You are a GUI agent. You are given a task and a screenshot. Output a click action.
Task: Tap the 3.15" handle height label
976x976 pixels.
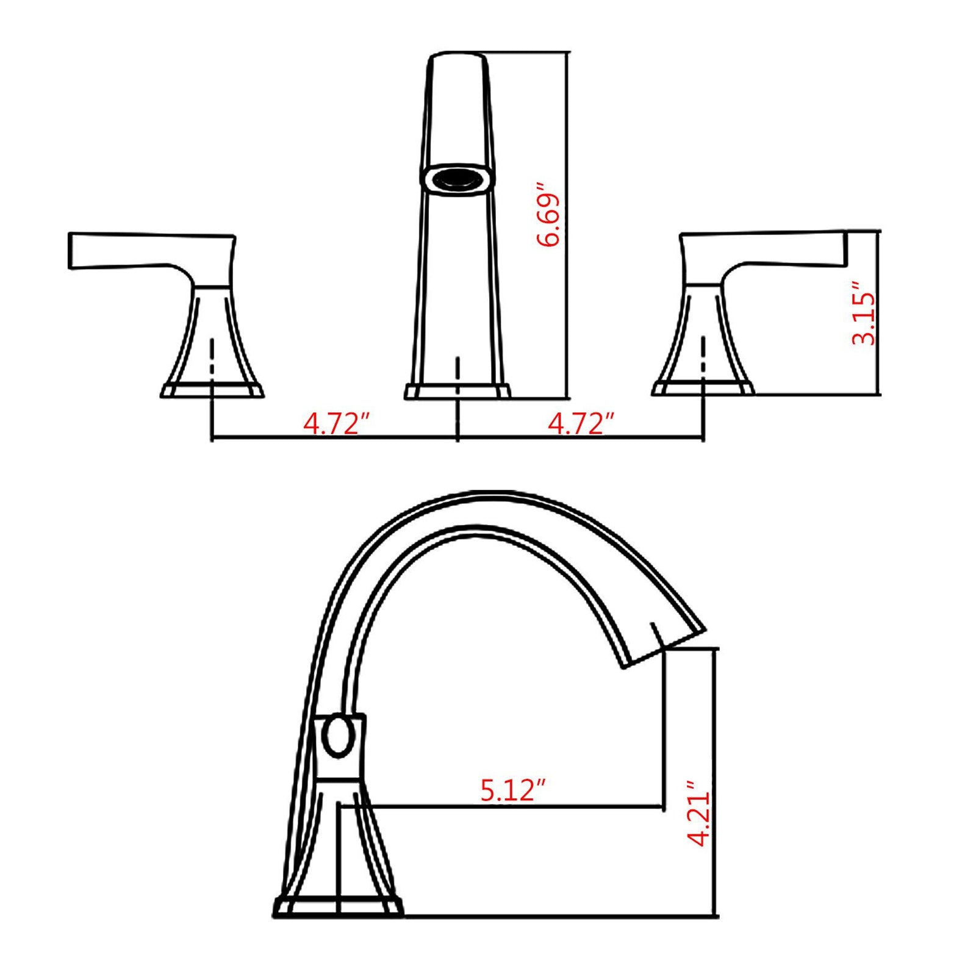click(x=863, y=314)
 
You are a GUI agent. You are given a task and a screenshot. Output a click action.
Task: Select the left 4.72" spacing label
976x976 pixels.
click(x=337, y=423)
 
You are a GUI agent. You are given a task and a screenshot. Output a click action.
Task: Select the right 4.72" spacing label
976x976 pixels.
click(x=581, y=423)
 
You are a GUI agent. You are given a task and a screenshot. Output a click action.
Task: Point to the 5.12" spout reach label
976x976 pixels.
click(x=512, y=791)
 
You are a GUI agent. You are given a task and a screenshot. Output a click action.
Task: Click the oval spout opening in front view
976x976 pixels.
click(x=457, y=179)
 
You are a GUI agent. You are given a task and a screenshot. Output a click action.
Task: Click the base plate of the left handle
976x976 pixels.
click(x=212, y=390)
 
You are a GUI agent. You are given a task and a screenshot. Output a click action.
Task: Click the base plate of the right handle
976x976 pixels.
click(x=703, y=388)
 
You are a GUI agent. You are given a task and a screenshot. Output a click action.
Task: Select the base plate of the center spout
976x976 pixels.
click(x=457, y=391)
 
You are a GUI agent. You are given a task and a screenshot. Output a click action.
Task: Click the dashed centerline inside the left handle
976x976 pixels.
click(x=212, y=360)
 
